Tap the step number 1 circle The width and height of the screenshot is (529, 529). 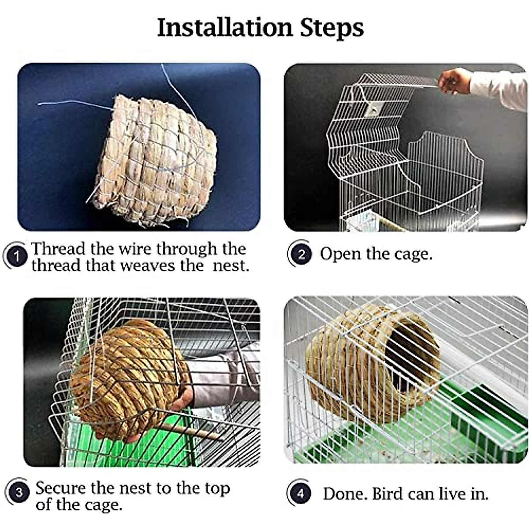click(17, 256)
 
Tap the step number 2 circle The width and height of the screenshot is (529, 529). click(301, 254)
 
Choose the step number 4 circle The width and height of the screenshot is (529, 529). click(300, 493)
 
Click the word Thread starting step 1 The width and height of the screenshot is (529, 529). click(58, 249)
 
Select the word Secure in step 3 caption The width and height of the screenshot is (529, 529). click(61, 488)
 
